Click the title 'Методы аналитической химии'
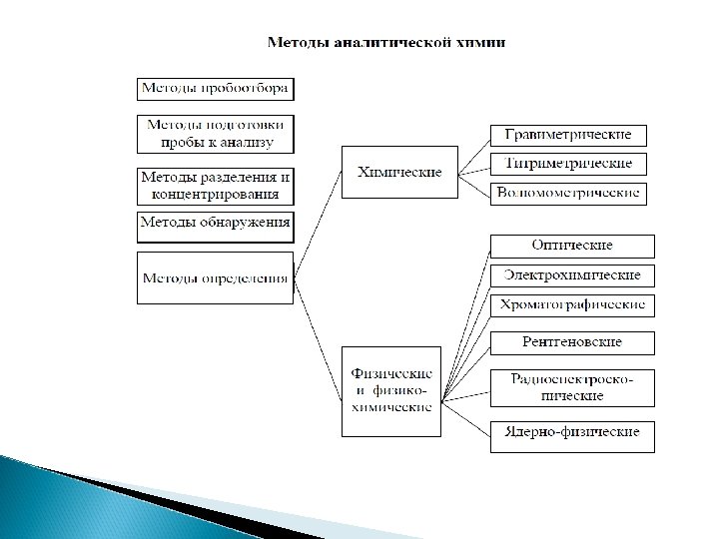coord(386,43)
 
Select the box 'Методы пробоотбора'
coord(215,88)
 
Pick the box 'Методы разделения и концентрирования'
coord(215,185)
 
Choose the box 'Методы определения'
coord(215,277)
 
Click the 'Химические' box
coord(399,172)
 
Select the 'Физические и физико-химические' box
coord(390,390)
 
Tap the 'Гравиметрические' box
coord(567,135)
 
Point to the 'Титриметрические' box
coord(567,164)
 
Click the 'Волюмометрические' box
coord(567,193)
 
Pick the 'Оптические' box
coord(572,246)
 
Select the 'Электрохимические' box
coord(572,274)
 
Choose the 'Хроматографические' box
coord(572,304)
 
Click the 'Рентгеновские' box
coord(572,342)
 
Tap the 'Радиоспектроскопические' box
coord(572,386)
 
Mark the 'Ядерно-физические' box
coord(572,435)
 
